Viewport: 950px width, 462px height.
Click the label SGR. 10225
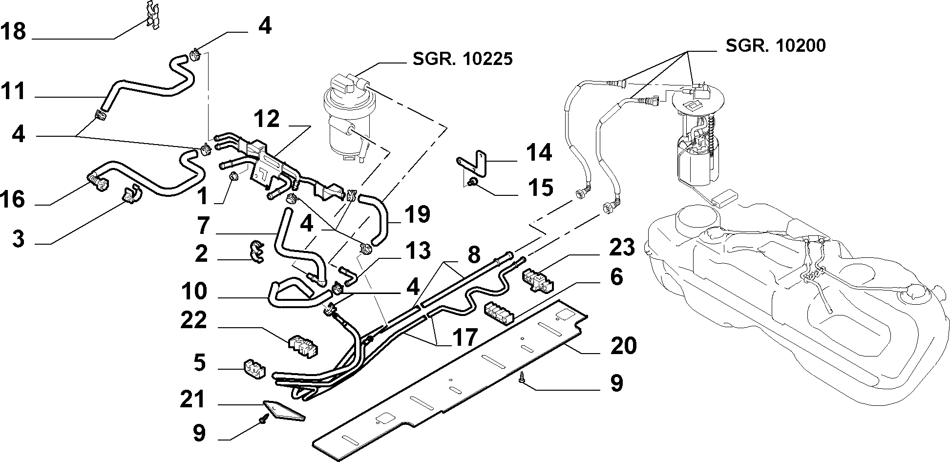[463, 59]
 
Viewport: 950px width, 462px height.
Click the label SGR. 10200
[776, 45]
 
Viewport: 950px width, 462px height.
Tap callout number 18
[13, 32]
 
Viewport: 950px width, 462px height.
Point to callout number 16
[13, 199]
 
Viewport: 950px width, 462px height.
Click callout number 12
[267, 119]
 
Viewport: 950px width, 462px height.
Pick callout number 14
[539, 153]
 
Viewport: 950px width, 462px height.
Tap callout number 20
[623, 345]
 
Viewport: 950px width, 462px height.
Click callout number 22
[194, 321]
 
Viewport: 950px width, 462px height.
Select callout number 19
[417, 215]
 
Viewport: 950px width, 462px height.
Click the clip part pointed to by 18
[153, 15]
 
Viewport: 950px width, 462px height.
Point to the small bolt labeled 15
[473, 184]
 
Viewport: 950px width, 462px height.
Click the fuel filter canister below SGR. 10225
[348, 117]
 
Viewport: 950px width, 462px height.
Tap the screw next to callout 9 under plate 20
[522, 377]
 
